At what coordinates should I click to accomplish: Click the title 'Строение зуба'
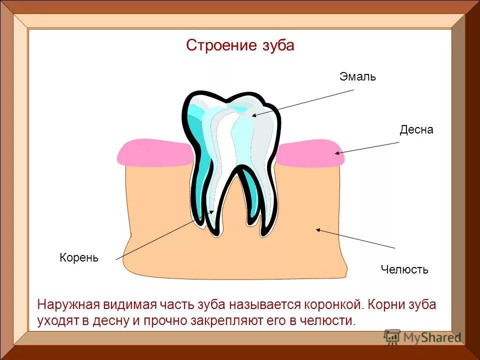pos(240,45)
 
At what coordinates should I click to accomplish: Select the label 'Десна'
pos(416,130)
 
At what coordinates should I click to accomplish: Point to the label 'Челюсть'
pos(404,270)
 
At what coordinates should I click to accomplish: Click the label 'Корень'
pos(79,258)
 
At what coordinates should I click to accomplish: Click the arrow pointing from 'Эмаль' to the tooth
pos(303,103)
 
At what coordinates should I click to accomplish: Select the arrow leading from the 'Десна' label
pos(367,148)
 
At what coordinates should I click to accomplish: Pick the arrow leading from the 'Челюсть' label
pos(355,238)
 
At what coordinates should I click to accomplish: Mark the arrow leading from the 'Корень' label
pos(165,235)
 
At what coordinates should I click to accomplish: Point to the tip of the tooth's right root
pos(262,232)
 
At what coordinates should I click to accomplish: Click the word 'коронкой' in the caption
pos(331,304)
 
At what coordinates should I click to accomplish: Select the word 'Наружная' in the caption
pos(68,304)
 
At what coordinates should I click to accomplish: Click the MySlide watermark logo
pos(422,337)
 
